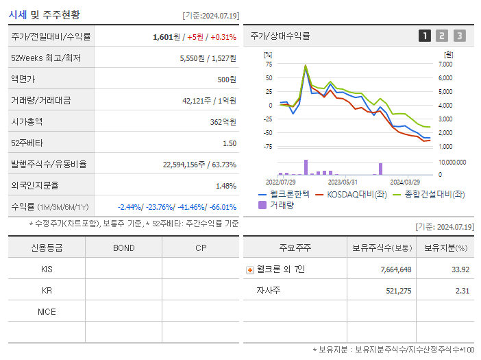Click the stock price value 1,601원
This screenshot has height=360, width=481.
[x=167, y=37]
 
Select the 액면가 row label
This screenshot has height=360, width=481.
[x=24, y=80]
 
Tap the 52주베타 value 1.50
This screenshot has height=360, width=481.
[x=229, y=143]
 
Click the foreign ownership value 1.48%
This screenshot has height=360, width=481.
[x=225, y=186]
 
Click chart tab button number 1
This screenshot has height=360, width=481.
[x=425, y=36]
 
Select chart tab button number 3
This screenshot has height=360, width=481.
[x=459, y=36]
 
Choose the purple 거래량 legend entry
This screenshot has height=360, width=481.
[x=276, y=205]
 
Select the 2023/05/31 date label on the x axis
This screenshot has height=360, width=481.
[x=343, y=182]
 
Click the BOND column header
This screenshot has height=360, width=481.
[x=123, y=248]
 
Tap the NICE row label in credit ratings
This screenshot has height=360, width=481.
[x=47, y=311]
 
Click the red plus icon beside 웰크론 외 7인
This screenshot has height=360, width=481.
[x=249, y=269]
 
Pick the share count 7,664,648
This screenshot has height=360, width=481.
[x=395, y=269]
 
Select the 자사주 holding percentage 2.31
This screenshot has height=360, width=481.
[x=460, y=291]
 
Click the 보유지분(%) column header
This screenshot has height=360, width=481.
[x=445, y=248]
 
